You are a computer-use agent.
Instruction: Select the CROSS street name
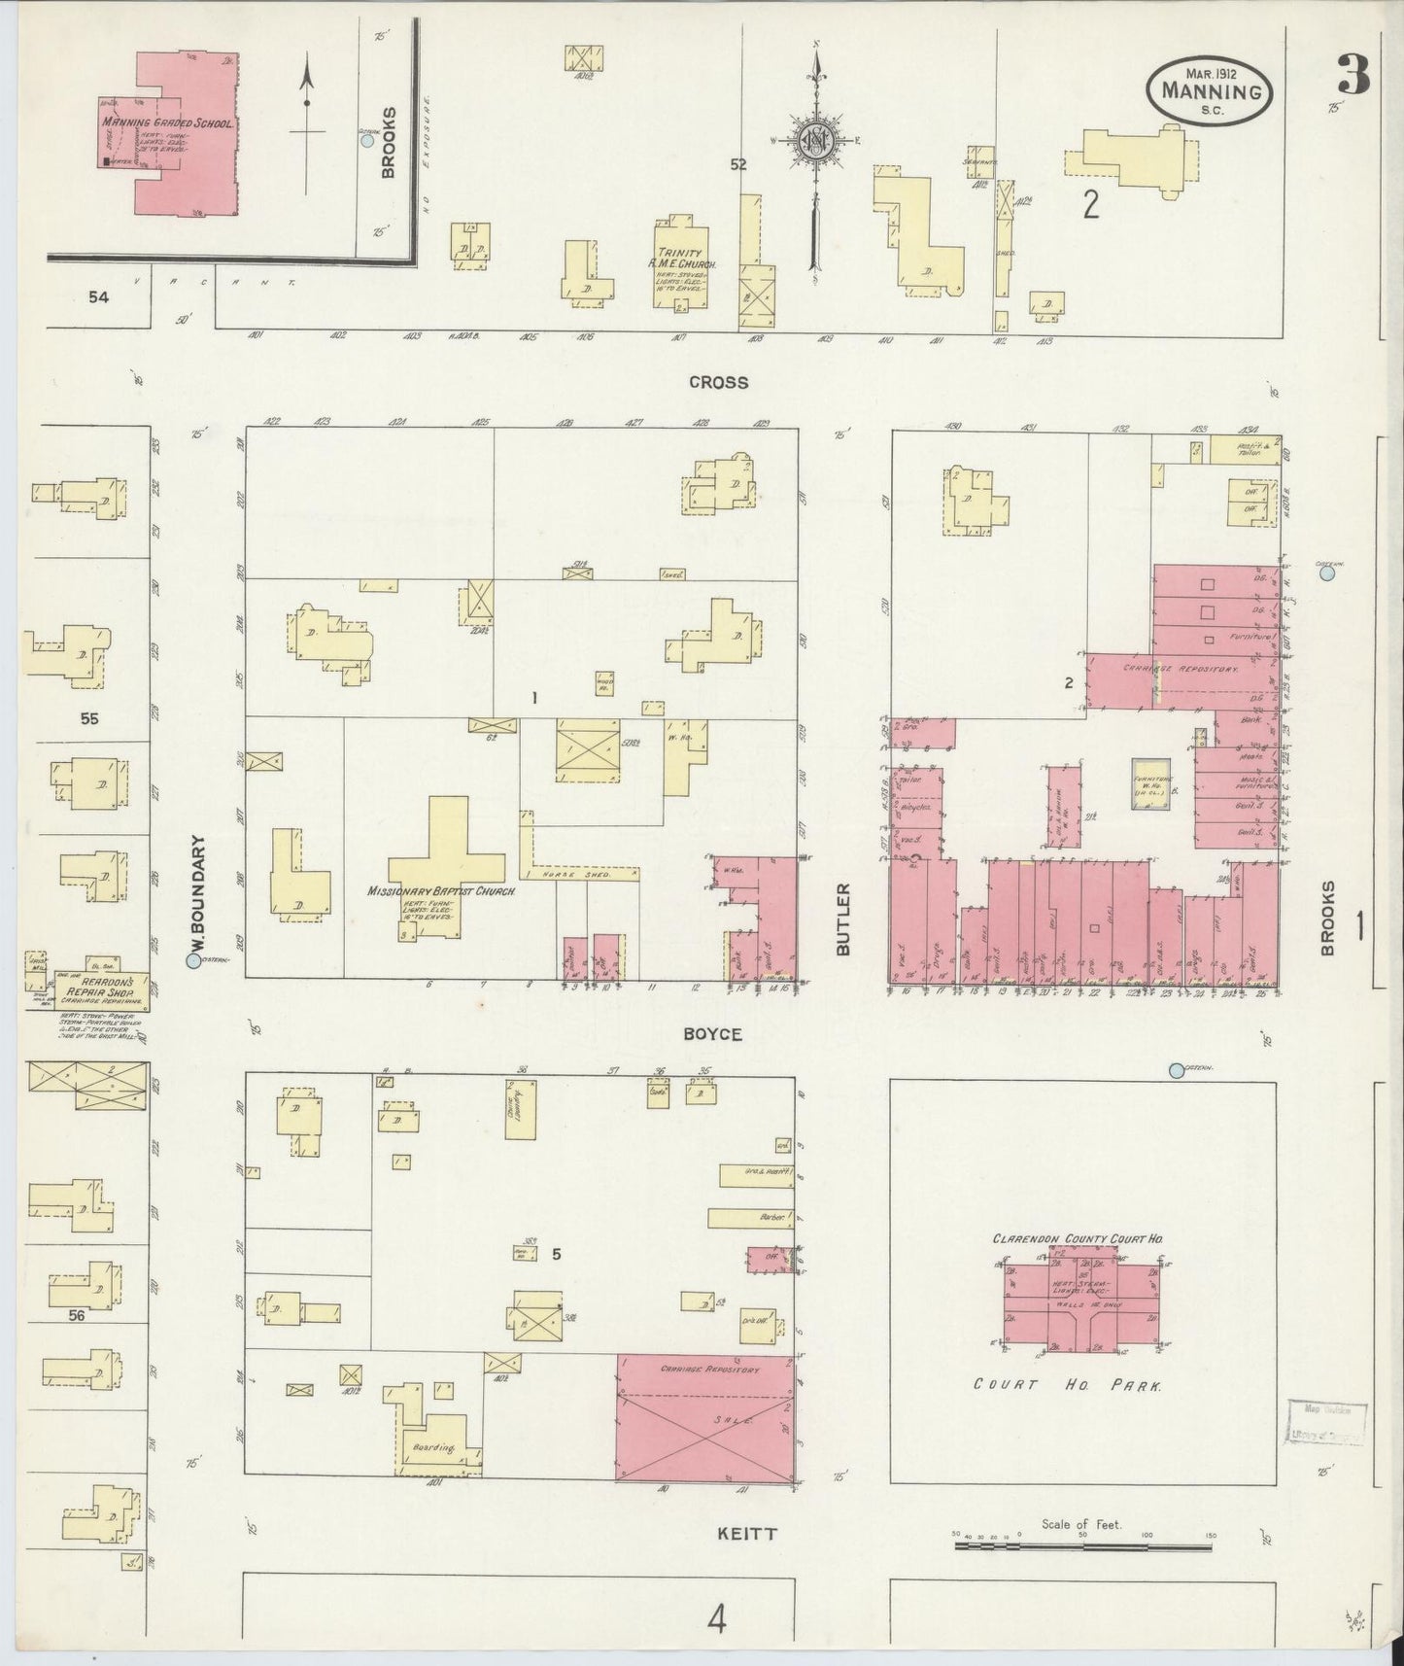pyautogui.click(x=718, y=382)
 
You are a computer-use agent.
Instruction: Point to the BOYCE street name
pyautogui.click(x=712, y=1034)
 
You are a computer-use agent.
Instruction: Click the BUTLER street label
pyautogui.click(x=842, y=919)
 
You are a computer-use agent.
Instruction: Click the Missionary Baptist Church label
pyautogui.click(x=441, y=890)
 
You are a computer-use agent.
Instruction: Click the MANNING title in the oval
pyautogui.click(x=1210, y=93)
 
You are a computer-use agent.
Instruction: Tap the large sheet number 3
pyautogui.click(x=1353, y=73)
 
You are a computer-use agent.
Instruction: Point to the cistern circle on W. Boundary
pyautogui.click(x=193, y=961)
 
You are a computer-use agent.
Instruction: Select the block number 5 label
pyautogui.click(x=557, y=1254)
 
